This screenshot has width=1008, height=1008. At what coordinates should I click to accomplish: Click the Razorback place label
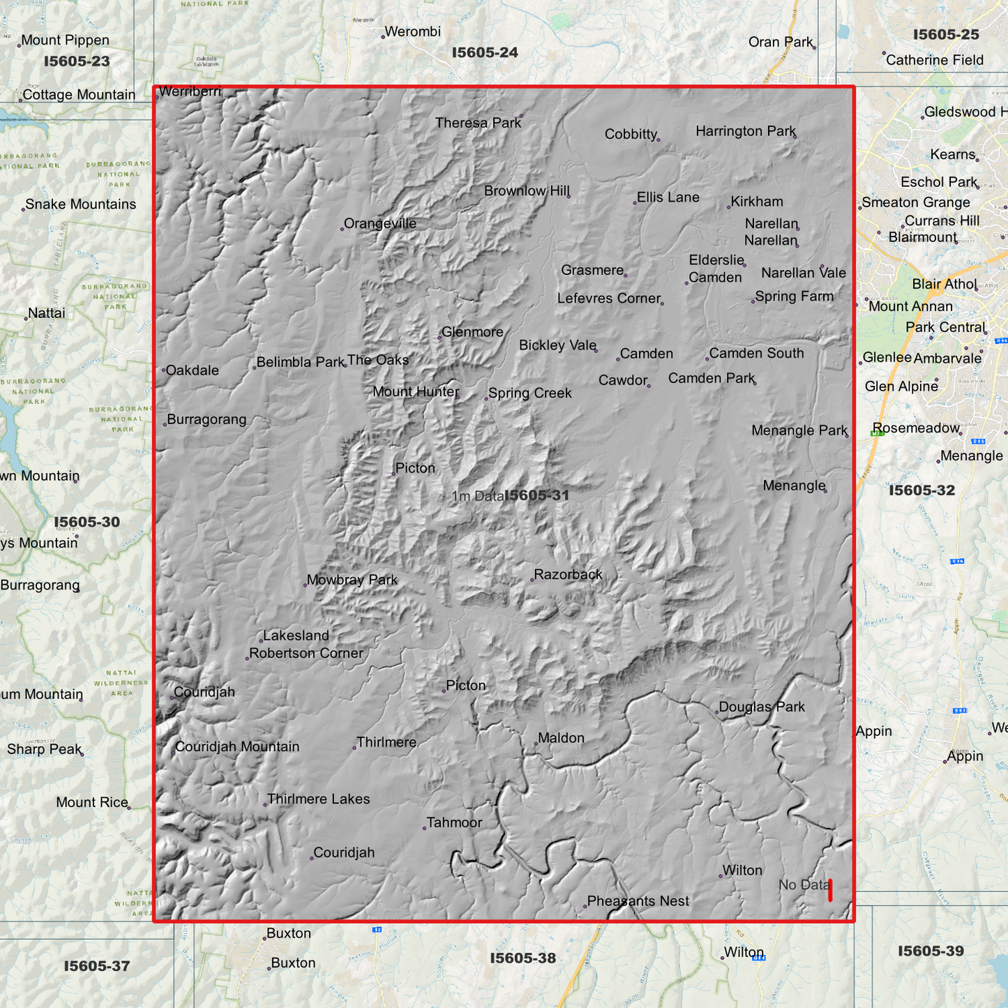[x=568, y=575]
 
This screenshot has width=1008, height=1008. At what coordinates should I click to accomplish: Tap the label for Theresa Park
[x=478, y=123]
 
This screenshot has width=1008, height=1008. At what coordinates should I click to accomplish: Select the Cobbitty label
[x=631, y=134]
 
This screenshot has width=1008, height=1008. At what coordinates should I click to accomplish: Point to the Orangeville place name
[x=380, y=223]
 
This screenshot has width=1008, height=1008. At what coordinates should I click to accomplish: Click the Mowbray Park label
[x=352, y=580]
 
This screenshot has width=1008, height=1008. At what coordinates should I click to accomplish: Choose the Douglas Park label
[x=762, y=707]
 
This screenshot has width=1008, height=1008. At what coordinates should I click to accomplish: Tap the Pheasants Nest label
[x=638, y=901]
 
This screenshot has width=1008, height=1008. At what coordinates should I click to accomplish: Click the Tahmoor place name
[x=454, y=822]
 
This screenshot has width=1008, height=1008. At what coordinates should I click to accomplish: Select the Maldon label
[x=561, y=737]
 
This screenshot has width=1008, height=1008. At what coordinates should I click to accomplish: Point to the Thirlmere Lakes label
[x=318, y=799]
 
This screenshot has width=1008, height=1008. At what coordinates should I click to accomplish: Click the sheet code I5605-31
[x=536, y=495]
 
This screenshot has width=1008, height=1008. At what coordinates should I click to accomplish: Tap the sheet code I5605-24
[x=485, y=52]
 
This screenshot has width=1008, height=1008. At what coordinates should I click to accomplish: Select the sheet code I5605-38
[x=523, y=958]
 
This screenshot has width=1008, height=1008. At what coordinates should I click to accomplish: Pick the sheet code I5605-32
[x=922, y=490]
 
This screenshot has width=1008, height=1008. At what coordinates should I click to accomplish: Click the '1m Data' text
[x=477, y=496]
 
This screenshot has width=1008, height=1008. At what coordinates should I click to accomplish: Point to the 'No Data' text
[x=804, y=885]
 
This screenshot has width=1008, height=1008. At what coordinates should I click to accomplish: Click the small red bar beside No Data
[x=830, y=890]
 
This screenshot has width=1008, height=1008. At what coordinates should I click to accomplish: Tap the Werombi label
[x=412, y=31]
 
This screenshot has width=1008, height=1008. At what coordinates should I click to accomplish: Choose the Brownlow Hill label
[x=527, y=190]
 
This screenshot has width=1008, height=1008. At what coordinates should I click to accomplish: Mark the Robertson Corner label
[x=306, y=653]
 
